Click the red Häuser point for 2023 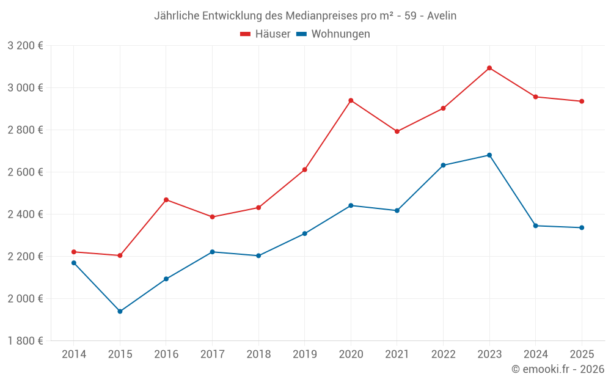tap(489, 68)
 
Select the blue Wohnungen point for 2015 tap(120, 312)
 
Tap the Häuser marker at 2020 tap(351, 100)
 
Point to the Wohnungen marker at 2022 tap(443, 166)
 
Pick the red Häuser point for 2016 tap(166, 200)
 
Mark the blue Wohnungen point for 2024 tap(536, 226)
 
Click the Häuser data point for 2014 tap(74, 252)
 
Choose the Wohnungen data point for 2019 tap(305, 233)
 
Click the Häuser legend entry tap(265, 34)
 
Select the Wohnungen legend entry tap(333, 34)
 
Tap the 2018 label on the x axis tap(258, 354)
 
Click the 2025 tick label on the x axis tap(582, 354)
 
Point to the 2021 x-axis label tap(397, 354)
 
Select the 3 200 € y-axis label tap(25, 46)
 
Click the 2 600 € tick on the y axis tap(25, 172)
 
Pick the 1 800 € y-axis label tap(25, 341)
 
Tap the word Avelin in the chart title tap(441, 15)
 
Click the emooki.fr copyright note tap(558, 369)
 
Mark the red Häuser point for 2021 tap(397, 131)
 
